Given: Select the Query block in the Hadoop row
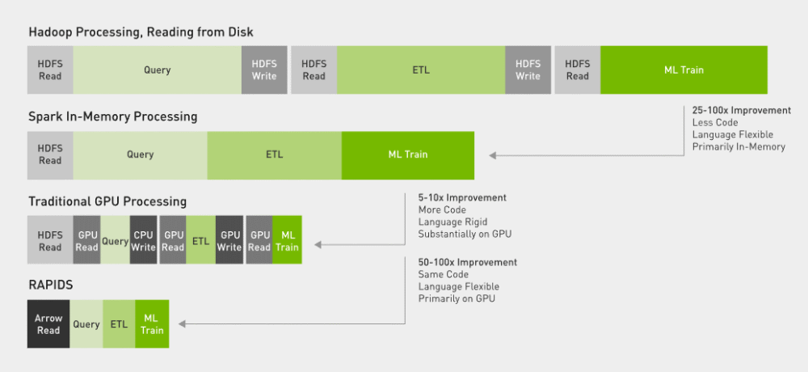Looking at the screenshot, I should [x=157, y=70].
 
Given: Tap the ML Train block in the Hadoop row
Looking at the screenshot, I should [x=684, y=70].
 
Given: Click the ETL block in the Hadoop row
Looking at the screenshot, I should [x=421, y=70].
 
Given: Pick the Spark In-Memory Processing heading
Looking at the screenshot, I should [x=112, y=116].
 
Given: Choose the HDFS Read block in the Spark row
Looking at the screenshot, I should [x=50, y=154].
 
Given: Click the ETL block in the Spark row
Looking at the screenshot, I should [x=274, y=154].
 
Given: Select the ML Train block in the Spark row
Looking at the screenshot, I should [x=407, y=154].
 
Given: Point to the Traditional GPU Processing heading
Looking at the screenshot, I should [x=107, y=201].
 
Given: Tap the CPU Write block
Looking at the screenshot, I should [x=144, y=241].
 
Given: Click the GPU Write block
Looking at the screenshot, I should [x=229, y=241].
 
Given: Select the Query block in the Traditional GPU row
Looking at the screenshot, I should [x=116, y=241].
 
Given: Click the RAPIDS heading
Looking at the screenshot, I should [x=50, y=285].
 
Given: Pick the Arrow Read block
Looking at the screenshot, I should [x=48, y=324].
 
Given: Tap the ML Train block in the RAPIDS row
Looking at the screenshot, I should [x=152, y=324].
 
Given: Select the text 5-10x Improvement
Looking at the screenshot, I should [x=462, y=197].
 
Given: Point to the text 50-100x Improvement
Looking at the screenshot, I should [x=467, y=262].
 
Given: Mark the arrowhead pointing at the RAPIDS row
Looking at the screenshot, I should [x=183, y=324].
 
